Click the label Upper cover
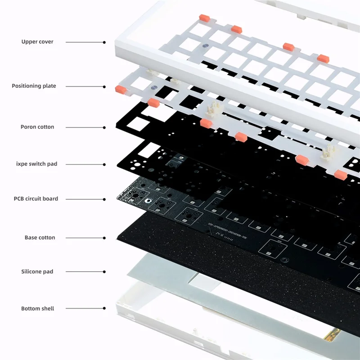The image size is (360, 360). coord(37,42)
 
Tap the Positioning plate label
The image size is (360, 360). coord(34,86)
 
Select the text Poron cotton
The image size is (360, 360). coord(37,127)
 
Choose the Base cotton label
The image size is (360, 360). coord(40,237)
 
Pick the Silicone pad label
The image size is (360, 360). coord(37,272)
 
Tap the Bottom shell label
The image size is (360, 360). coord(37,309)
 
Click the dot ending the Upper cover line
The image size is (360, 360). coord(104,42)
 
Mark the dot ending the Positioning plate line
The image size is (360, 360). coord(104,86)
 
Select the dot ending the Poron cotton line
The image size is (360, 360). coord(104,127)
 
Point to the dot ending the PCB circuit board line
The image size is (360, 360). coord(104,199)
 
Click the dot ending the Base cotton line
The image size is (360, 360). coord(104,238)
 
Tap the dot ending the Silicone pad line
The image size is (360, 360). coord(104,272)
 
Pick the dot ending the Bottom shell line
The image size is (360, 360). coord(104,309)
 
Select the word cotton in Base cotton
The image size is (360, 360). coord(47,237)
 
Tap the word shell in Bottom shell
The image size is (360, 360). coord(47,309)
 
